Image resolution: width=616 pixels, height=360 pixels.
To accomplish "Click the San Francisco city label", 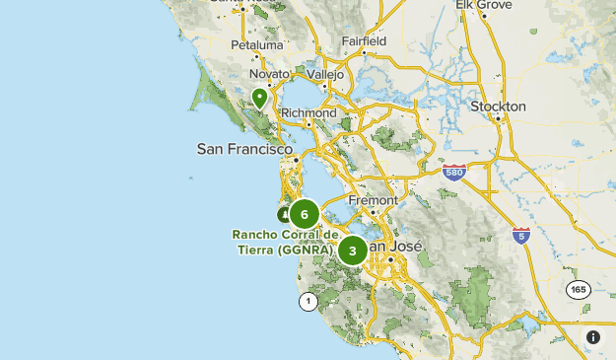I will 245,149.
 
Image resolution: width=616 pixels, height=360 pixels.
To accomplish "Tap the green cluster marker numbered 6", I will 305,214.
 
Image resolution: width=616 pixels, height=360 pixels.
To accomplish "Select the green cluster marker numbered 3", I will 352,251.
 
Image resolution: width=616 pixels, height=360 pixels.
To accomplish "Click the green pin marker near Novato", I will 259,98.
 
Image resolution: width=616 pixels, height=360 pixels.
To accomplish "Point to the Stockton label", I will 498,106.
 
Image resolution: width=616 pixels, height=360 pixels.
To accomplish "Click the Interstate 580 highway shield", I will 453,172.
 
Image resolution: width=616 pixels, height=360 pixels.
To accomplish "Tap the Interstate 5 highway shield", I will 521,235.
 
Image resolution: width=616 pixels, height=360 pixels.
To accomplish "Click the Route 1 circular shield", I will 308,301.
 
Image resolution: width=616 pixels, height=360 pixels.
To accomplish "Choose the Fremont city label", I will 373,200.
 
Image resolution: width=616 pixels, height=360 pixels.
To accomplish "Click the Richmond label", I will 309,113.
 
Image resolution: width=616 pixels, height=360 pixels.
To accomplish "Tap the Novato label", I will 269,74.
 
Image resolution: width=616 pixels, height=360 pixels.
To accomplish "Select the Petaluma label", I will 256,45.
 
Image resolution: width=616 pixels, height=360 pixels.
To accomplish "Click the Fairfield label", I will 364,41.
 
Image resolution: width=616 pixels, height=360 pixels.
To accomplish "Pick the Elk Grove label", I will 483,5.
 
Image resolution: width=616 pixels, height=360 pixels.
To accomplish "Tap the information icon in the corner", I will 593,337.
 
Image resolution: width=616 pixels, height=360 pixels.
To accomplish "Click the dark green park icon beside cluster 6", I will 284,214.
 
